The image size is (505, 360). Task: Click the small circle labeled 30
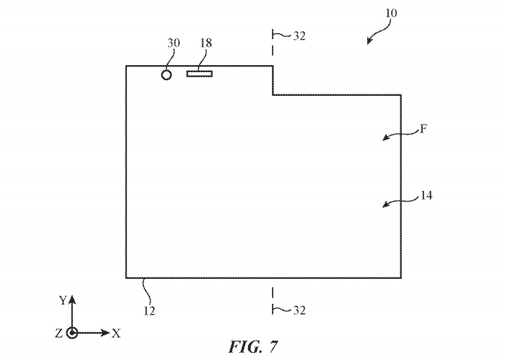click(167, 75)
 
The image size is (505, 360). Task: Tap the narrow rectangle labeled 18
click(199, 74)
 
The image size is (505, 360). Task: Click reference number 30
click(174, 43)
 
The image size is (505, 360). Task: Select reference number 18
click(206, 43)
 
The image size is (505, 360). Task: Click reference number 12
click(149, 311)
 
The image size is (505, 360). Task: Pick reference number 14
click(426, 196)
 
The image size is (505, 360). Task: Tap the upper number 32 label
click(299, 36)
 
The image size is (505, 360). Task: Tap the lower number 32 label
click(299, 310)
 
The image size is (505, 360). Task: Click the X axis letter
click(116, 333)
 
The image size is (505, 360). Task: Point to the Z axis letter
click(59, 333)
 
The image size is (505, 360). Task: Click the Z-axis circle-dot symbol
click(72, 333)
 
